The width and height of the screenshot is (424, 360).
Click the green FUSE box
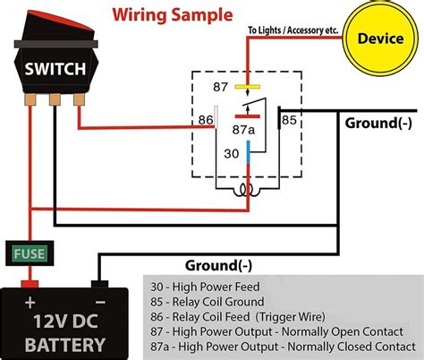[x=30, y=253]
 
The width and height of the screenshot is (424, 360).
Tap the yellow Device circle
[x=380, y=39]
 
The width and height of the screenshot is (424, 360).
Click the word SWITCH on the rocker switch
[x=55, y=69]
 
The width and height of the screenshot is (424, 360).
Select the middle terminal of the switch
[x=55, y=99]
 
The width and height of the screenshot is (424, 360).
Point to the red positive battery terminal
[x=30, y=284]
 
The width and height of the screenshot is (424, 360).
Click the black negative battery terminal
[x=99, y=284]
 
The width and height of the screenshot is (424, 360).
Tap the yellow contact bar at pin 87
[x=248, y=87]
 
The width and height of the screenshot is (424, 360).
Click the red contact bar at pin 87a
[x=248, y=116]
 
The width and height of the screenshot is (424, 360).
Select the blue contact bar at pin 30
[x=248, y=152]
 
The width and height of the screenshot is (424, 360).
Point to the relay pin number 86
[x=206, y=120]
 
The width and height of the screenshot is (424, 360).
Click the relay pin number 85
[x=289, y=120]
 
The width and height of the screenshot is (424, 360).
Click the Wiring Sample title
[x=173, y=15]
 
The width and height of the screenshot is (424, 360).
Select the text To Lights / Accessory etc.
[x=293, y=30]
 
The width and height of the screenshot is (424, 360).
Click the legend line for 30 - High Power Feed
[x=205, y=287]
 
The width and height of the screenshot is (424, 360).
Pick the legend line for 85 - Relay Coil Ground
[x=208, y=302]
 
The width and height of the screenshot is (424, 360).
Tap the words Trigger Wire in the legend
[x=290, y=317]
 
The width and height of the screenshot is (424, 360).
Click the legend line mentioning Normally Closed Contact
[x=283, y=347]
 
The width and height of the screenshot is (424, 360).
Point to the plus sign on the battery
[x=30, y=303]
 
